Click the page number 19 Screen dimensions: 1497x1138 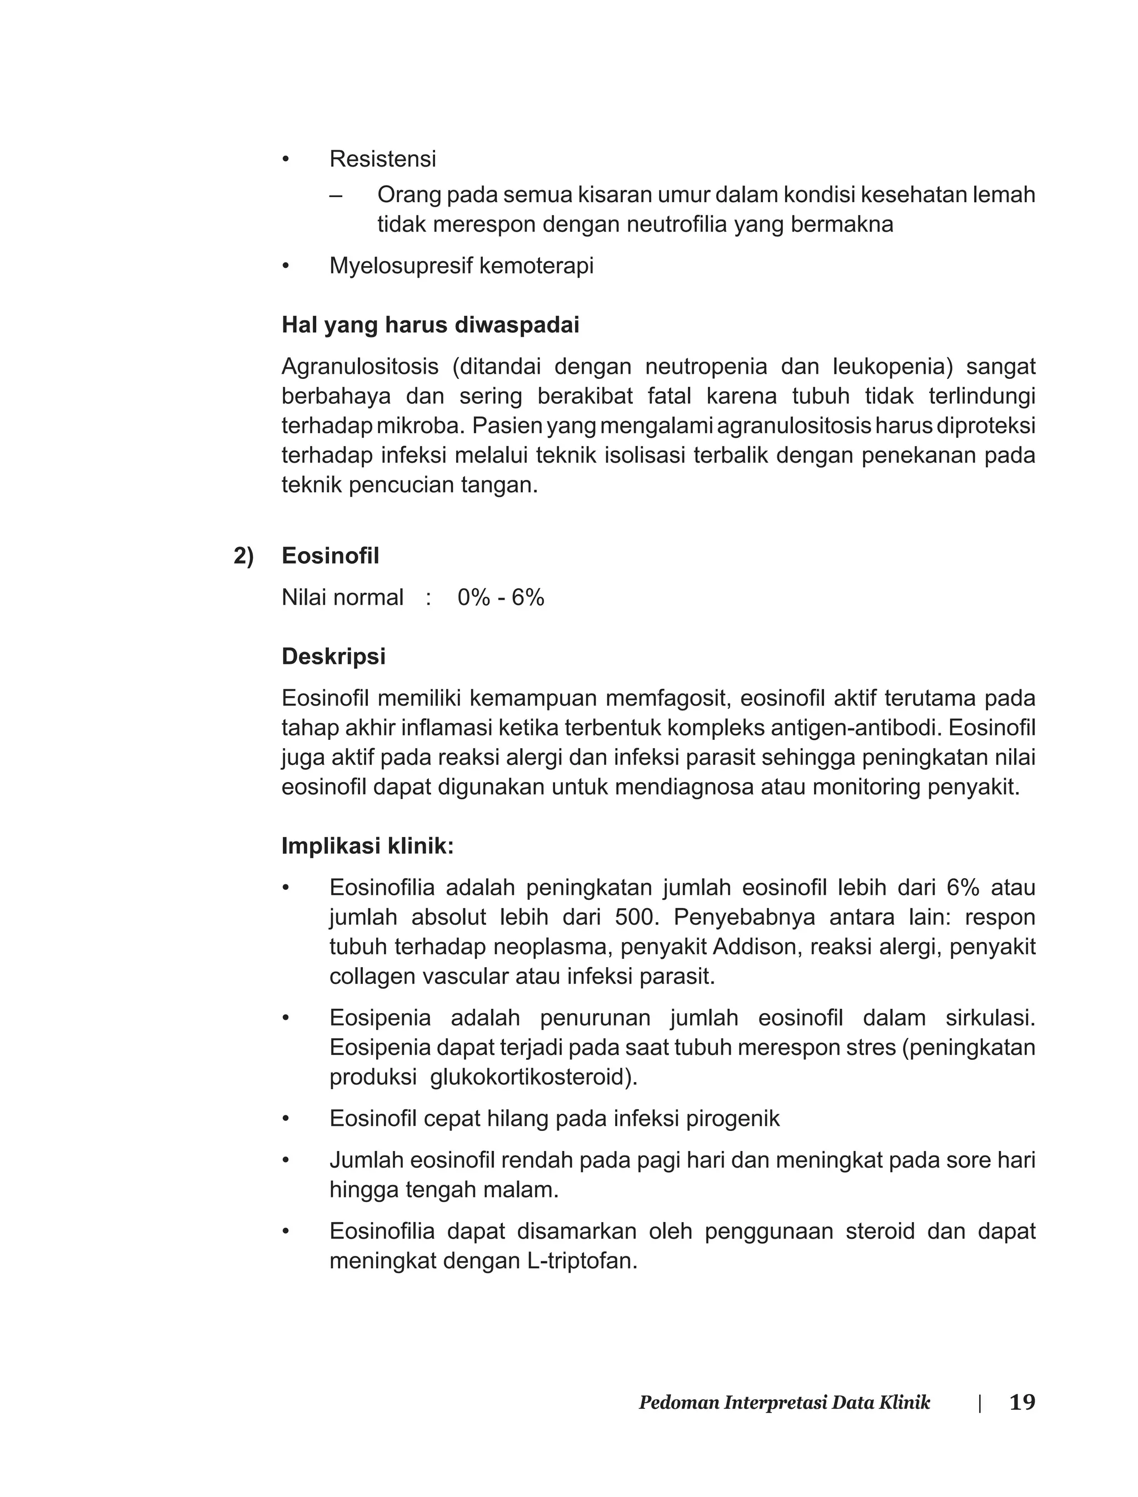point(1021,1401)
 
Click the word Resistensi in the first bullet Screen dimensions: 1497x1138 point(383,159)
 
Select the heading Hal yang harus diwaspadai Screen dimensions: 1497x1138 point(430,325)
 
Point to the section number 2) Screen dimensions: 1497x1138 point(243,556)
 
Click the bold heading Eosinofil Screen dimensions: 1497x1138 point(330,556)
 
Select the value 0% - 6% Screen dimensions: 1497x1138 point(501,597)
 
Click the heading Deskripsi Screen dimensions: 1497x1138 point(333,656)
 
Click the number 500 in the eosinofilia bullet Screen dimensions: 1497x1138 point(635,918)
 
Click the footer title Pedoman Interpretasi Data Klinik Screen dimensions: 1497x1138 point(785,1402)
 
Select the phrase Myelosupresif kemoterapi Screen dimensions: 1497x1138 point(461,266)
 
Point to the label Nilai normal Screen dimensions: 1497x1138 point(342,597)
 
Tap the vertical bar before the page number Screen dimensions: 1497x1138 point(980,1403)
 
